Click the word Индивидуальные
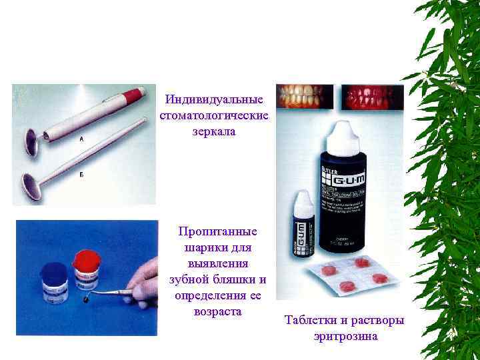(x=214, y=100)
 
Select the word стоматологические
(x=214, y=115)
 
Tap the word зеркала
(x=214, y=131)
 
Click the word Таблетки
(x=311, y=321)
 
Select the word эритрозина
(x=345, y=336)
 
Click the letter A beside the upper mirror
(x=81, y=140)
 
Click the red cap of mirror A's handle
(x=136, y=95)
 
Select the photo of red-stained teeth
(x=372, y=97)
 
